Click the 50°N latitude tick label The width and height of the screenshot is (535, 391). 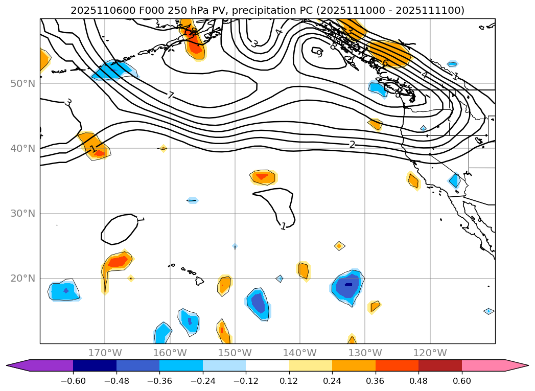tap(22, 83)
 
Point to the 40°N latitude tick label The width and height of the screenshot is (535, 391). tap(22, 148)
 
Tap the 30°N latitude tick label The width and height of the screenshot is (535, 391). tap(22, 213)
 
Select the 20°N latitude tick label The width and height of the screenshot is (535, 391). tap(22, 278)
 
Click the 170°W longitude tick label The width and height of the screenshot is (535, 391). tap(105, 353)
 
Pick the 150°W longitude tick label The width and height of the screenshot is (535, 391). tap(235, 353)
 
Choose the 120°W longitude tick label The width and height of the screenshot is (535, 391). tap(430, 353)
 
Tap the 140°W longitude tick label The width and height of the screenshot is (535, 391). tap(299, 353)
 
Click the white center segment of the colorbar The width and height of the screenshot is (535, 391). tap(267, 365)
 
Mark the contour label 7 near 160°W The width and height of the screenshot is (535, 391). tap(171, 95)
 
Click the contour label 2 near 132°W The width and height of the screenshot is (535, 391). tap(352, 145)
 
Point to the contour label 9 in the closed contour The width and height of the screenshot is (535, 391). tap(319, 53)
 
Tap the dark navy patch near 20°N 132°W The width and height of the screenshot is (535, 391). tap(348, 285)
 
